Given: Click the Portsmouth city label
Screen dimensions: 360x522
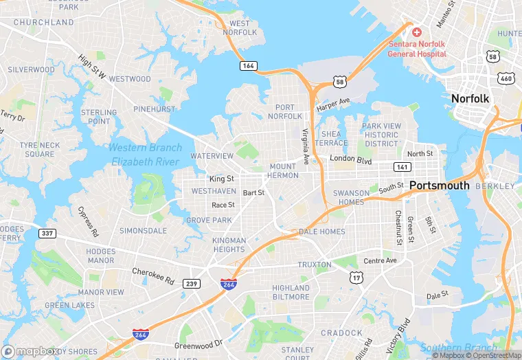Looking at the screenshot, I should (x=440, y=185).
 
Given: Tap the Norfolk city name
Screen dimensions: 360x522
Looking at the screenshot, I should (x=470, y=99).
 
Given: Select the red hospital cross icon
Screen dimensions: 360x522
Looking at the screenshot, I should (x=416, y=33).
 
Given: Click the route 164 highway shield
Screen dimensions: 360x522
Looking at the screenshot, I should (x=249, y=66).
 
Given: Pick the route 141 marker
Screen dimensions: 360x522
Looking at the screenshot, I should (x=402, y=167).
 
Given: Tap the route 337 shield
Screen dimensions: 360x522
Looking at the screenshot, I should (x=47, y=233).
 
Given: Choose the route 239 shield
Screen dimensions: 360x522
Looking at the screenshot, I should (x=192, y=283).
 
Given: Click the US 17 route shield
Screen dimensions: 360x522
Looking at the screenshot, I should (x=356, y=278).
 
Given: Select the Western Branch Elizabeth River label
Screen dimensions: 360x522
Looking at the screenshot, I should (x=145, y=155).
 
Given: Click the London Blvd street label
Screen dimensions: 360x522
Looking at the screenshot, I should (x=350, y=161).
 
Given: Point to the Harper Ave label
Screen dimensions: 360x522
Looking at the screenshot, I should (x=333, y=105).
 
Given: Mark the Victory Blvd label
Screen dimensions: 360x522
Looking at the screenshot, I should (x=398, y=332).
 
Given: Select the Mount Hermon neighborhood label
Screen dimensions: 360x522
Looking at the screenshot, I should (x=283, y=171).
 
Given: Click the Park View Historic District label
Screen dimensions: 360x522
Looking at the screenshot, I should (x=381, y=134).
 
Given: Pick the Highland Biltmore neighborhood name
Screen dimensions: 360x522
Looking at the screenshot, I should (x=291, y=293).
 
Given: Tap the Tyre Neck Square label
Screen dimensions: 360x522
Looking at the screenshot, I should (x=38, y=149).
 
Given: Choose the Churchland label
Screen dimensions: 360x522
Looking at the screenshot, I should (x=43, y=22).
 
